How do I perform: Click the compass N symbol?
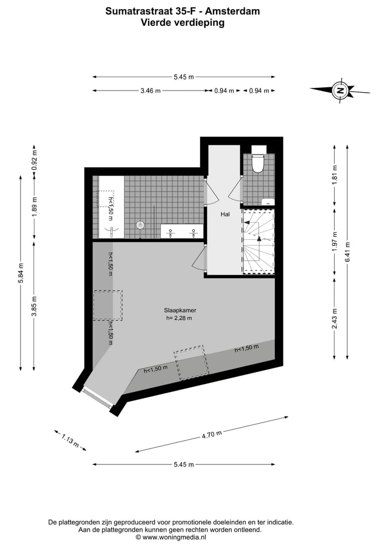click(340, 91)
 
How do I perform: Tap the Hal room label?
click(225, 214)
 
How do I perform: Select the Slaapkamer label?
click(179, 310)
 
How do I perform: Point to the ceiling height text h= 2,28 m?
click(179, 318)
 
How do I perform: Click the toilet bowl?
click(258, 162)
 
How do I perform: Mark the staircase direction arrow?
click(259, 238)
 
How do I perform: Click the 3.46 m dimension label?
click(150, 91)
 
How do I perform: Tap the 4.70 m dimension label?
click(212, 434)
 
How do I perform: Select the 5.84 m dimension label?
click(21, 273)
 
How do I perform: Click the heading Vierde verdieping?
click(183, 23)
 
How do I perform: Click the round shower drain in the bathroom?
click(141, 225)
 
